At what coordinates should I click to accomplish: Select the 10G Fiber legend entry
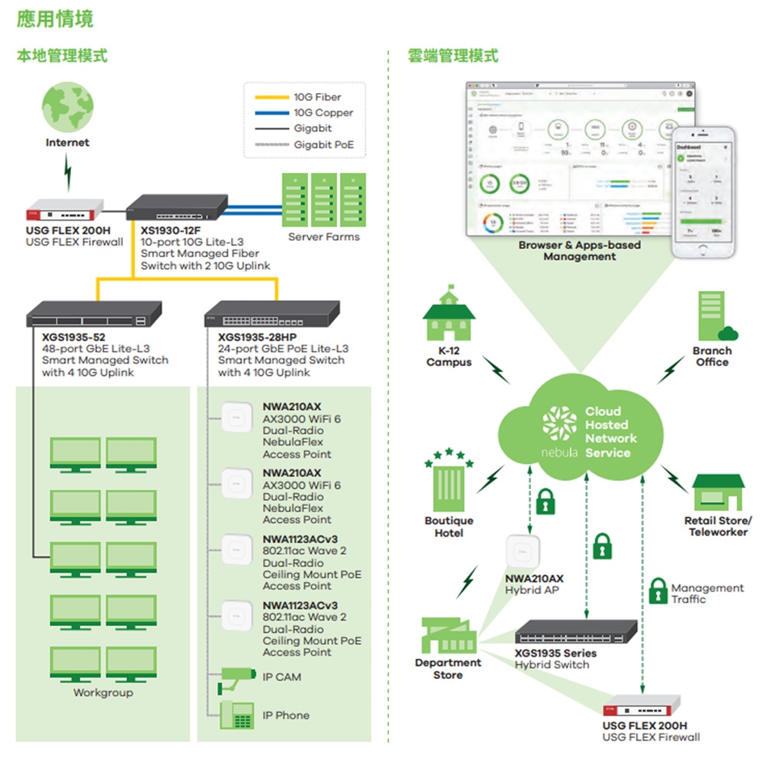317,98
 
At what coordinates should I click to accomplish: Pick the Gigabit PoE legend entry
323,145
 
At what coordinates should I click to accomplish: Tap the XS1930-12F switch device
177,208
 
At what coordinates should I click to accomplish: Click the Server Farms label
324,237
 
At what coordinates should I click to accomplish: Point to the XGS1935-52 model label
74,336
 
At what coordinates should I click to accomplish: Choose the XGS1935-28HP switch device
272,313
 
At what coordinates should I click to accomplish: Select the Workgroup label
103,693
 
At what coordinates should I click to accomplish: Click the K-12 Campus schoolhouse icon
448,316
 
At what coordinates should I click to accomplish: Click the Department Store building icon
449,635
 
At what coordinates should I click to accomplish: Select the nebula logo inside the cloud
559,428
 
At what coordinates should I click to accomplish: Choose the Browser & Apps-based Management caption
579,251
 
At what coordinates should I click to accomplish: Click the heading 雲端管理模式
453,56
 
